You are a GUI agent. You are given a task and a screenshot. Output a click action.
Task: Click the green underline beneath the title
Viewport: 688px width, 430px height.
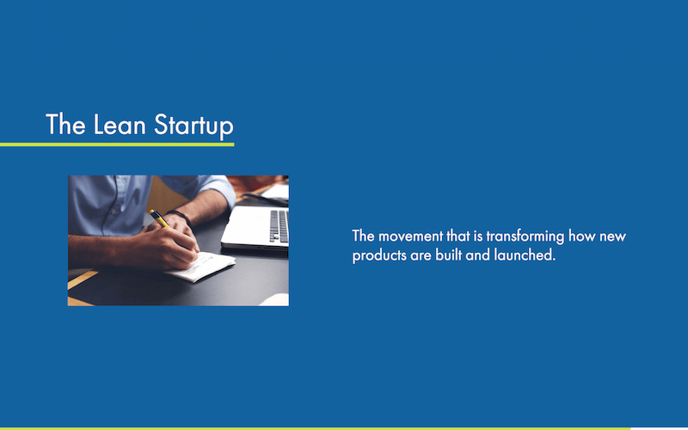[117, 144]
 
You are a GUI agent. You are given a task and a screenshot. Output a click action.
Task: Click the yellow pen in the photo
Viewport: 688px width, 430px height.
[159, 218]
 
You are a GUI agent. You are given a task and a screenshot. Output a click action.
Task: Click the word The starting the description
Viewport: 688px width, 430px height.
[364, 236]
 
